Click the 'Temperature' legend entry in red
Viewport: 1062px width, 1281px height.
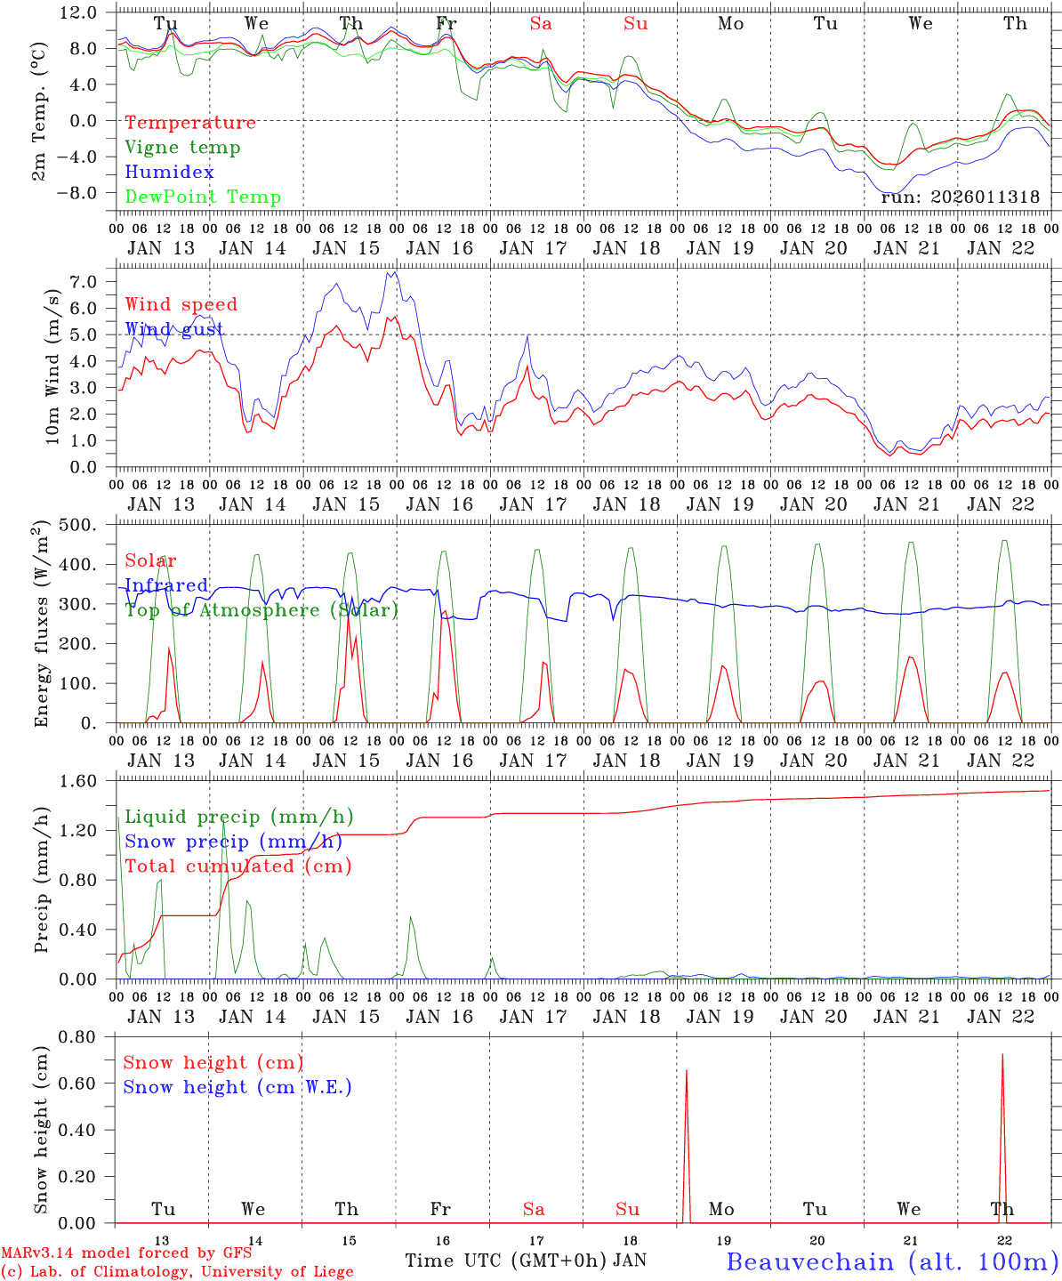pyautogui.click(x=190, y=123)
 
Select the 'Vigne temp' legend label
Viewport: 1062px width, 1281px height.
pyautogui.click(x=182, y=148)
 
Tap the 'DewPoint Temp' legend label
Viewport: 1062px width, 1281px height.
pyautogui.click(x=203, y=197)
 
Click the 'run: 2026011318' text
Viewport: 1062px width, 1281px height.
pyautogui.click(x=960, y=197)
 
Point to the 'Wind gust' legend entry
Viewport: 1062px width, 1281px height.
pyautogui.click(x=174, y=330)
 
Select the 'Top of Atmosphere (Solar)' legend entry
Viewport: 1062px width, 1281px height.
pyautogui.click(x=261, y=610)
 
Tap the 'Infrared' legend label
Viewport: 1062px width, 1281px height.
pyautogui.click(x=166, y=585)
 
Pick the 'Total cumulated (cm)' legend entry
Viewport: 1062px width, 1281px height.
pyautogui.click(x=237, y=866)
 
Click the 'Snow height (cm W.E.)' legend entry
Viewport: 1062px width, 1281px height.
pyautogui.click(x=237, y=1087)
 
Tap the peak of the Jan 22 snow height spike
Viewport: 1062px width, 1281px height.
pyautogui.click(x=1002, y=1055)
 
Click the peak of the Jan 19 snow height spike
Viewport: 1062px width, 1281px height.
pyautogui.click(x=686, y=1070)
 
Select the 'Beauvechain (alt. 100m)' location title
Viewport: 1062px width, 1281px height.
pyautogui.click(x=892, y=1261)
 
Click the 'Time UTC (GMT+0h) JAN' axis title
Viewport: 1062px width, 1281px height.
pyautogui.click(x=526, y=1261)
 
